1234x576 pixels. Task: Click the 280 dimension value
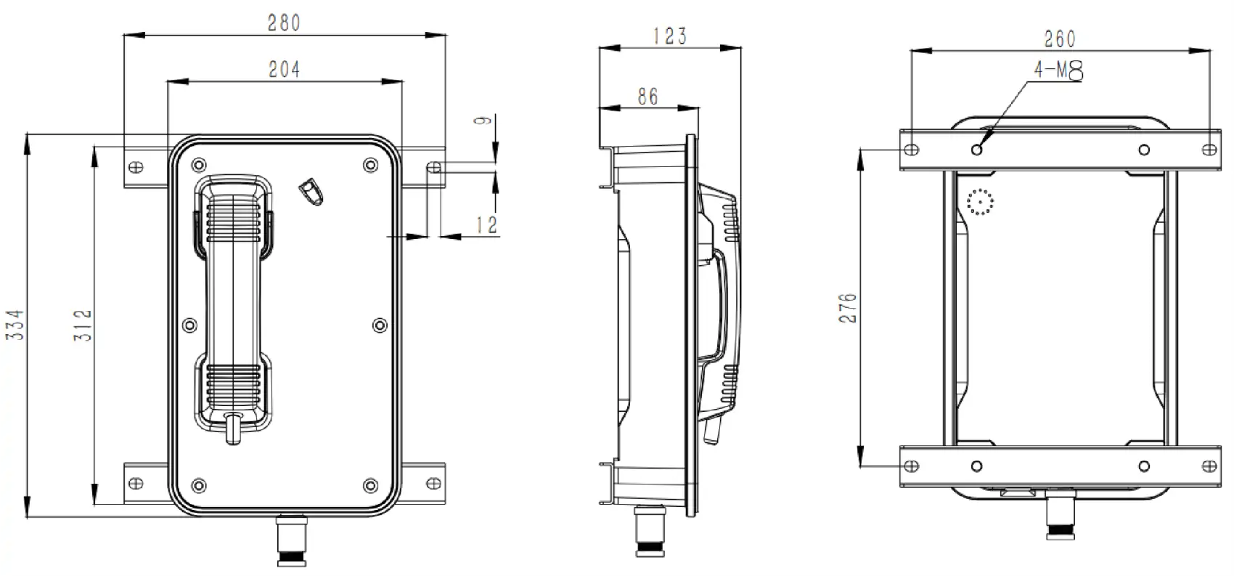click(284, 23)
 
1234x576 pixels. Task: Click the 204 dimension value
click(284, 70)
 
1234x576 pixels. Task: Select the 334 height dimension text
click(16, 325)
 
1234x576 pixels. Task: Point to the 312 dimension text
click(83, 325)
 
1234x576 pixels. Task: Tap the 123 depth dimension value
click(669, 36)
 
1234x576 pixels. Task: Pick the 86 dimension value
click(647, 96)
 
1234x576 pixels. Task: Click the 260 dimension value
click(1060, 38)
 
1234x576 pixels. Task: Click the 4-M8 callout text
click(1058, 70)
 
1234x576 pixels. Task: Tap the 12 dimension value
click(487, 225)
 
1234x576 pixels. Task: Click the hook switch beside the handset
click(311, 191)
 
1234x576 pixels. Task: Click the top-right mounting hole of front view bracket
click(434, 168)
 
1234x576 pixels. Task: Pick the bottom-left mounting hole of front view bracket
click(136, 482)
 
